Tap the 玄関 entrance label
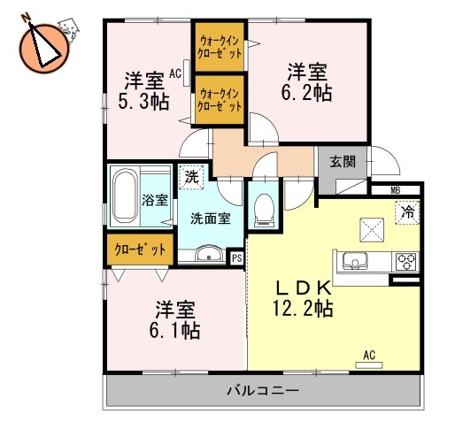pyautogui.click(x=343, y=161)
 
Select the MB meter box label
pyautogui.click(x=396, y=188)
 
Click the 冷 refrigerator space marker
pyautogui.click(x=407, y=212)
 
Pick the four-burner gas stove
pyautogui.click(x=405, y=261)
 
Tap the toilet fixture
pyautogui.click(x=263, y=208)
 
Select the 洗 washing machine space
pyautogui.click(x=192, y=175)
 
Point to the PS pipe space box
pyautogui.click(x=236, y=257)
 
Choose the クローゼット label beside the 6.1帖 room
pyautogui.click(x=140, y=250)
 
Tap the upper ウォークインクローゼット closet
pyautogui.click(x=220, y=45)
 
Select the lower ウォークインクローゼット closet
pyautogui.click(x=220, y=99)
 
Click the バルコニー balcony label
pyautogui.click(x=261, y=390)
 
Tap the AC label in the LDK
pyautogui.click(x=369, y=357)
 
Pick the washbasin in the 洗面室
pyautogui.click(x=210, y=257)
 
